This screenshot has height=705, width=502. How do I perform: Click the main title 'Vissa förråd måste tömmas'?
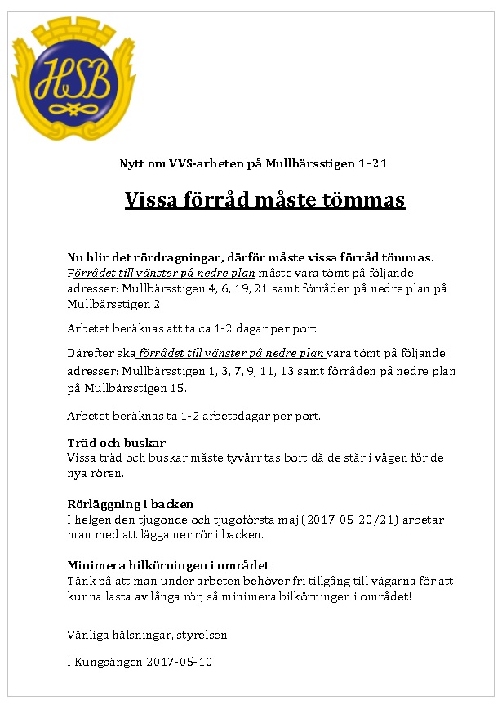(264, 200)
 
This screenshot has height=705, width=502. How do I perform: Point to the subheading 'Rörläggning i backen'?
(130, 504)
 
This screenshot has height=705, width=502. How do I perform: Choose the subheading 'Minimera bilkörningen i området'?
(168, 565)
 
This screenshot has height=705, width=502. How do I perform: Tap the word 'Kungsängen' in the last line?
(107, 662)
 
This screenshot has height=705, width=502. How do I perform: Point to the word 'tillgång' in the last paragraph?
(349, 581)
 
